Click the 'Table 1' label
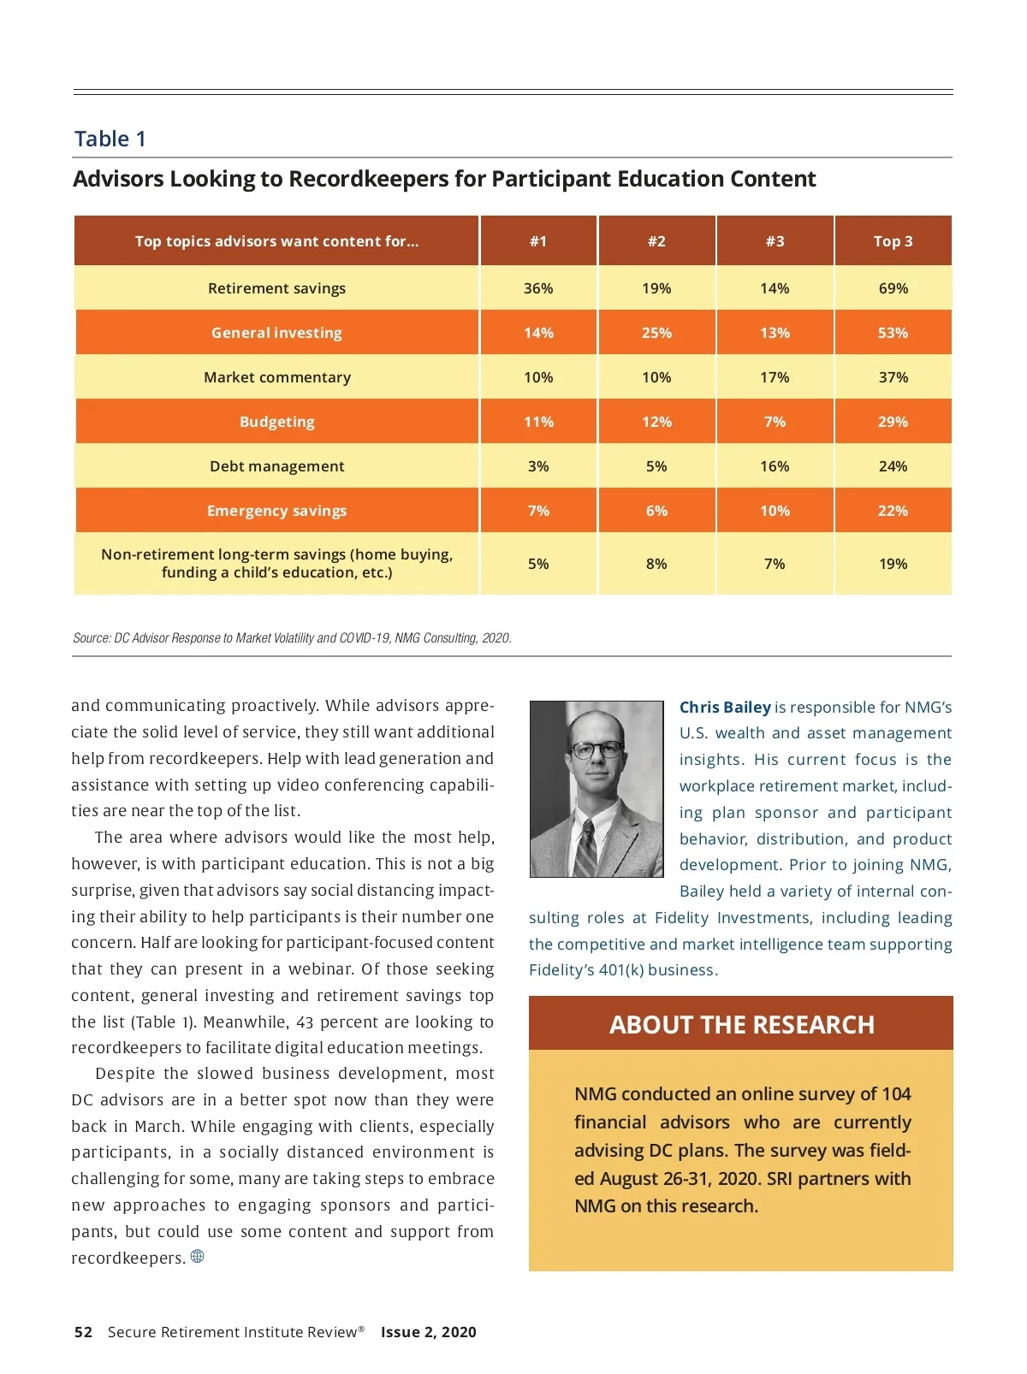[110, 139]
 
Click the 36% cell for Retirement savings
[538, 288]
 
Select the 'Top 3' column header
[893, 241]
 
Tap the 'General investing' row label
[276, 333]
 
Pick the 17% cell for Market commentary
[775, 377]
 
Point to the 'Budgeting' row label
[276, 422]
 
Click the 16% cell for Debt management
[775, 466]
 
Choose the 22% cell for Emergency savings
[893, 511]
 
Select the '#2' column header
[656, 241]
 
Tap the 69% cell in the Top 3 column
[893, 288]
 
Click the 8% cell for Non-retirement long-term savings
[656, 564]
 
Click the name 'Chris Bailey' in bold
[725, 708]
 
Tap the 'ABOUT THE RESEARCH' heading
[741, 1024]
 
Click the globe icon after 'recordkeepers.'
[198, 1257]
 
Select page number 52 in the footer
[83, 1332]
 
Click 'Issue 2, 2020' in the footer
[428, 1332]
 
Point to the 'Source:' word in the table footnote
[92, 638]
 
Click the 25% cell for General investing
[656, 333]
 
